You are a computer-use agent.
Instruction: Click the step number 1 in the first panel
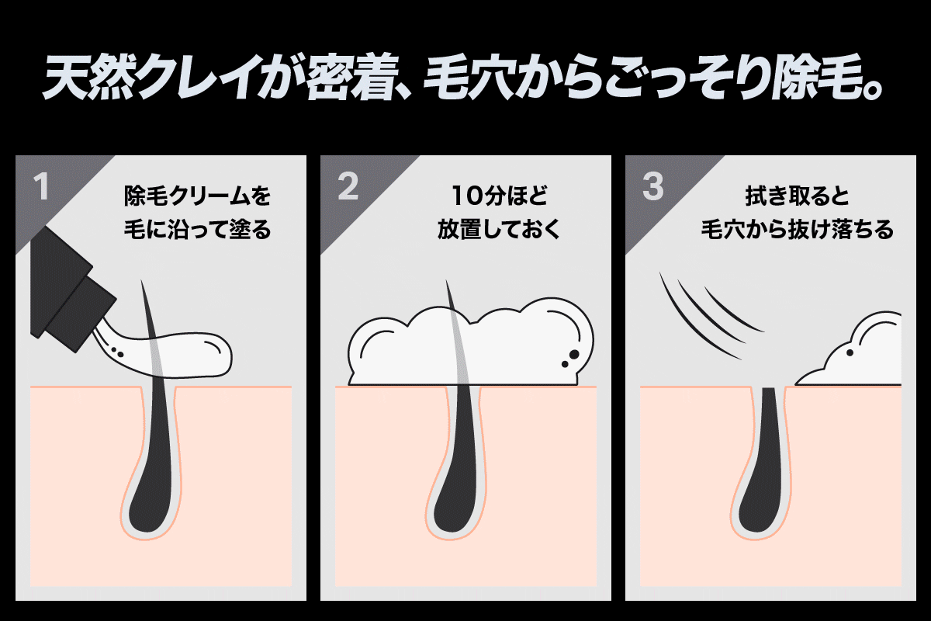pos(41,188)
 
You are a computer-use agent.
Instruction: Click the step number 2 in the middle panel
pos(348,188)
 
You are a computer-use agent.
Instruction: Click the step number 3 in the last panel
pos(653,188)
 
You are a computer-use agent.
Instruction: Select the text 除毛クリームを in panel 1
pos(198,195)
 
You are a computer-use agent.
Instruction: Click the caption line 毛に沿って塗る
pos(198,230)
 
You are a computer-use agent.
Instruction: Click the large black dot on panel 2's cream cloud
pos(573,355)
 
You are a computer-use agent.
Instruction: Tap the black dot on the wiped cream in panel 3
pos(850,354)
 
